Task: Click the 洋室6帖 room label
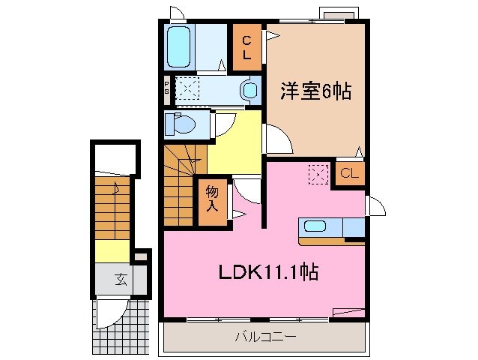tap(315, 91)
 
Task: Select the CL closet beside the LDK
tap(349, 174)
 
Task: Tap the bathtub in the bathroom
tap(180, 46)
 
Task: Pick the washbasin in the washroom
tap(249, 90)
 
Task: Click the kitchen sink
tap(315, 227)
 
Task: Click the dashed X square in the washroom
tap(187, 90)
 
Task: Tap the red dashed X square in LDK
tap(318, 175)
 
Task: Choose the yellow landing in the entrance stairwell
tap(112, 251)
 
